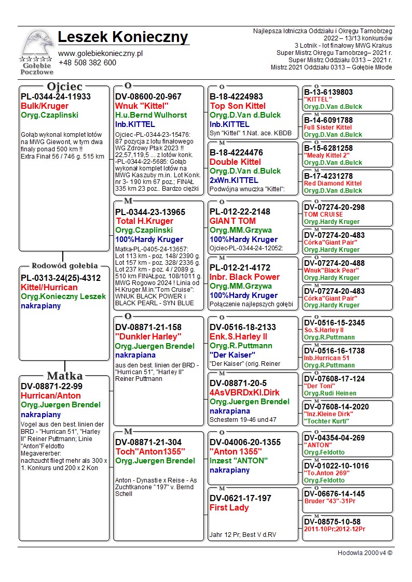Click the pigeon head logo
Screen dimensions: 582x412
[36, 45]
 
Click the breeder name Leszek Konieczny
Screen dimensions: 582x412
[123, 37]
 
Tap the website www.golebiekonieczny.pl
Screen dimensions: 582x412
[100, 53]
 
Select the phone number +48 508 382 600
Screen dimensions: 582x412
[87, 63]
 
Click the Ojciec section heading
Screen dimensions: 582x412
[64, 87]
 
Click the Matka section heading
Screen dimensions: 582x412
[64, 376]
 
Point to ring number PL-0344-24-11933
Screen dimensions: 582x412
[56, 96]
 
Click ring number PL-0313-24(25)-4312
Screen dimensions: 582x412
[60, 278]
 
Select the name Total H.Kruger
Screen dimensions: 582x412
[144, 221]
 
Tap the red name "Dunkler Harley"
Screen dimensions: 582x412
[148, 337]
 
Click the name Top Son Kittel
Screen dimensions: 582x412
[238, 106]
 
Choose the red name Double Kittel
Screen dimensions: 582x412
[235, 162]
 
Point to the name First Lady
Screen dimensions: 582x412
[229, 508]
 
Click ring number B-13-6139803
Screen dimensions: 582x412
[328, 92]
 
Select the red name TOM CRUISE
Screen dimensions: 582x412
[323, 215]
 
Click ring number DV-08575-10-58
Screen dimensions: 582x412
[332, 521]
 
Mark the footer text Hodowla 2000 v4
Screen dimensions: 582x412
[365, 553]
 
